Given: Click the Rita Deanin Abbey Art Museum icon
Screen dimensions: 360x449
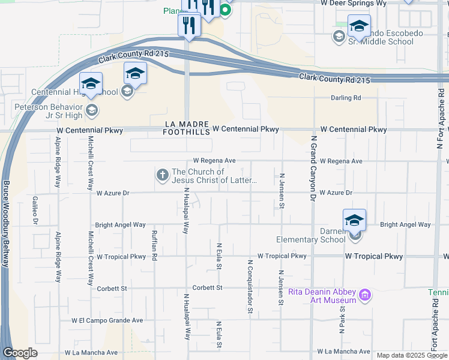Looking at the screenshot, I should tap(364, 295).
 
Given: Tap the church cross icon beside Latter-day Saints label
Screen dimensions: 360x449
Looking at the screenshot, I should tap(161, 175).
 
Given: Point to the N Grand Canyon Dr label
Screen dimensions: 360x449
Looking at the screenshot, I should tap(313, 168).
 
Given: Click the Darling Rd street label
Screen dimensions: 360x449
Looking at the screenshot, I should tap(346, 98).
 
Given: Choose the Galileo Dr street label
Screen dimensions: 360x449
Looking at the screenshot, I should tap(35, 211).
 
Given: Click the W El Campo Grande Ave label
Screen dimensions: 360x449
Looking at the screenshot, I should tap(107, 320).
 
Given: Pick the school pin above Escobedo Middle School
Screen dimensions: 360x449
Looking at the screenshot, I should tap(359, 26).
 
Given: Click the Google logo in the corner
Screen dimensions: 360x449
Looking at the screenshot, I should tap(20, 353).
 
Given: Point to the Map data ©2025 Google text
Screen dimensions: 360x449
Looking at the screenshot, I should tap(412, 355).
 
